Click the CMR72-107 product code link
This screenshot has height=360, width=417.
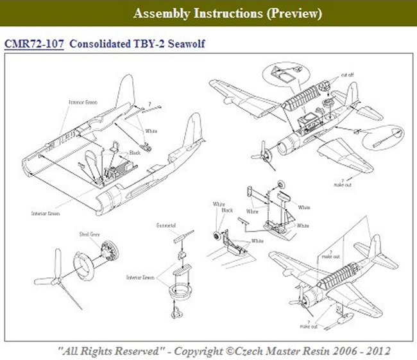pos(33,45)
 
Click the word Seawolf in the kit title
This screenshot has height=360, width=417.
pos(185,45)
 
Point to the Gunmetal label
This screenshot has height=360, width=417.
pos(167,226)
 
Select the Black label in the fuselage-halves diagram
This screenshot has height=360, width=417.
pos(134,153)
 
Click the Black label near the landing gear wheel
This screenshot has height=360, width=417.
pos(227,210)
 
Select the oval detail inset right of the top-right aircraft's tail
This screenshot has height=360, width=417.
pos(383,136)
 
